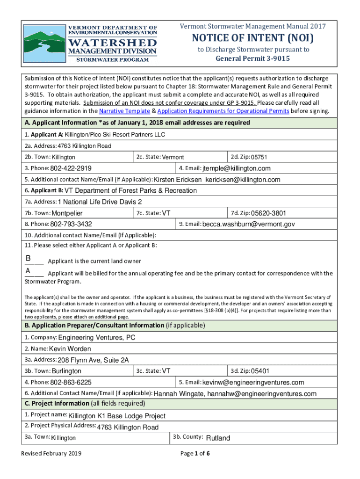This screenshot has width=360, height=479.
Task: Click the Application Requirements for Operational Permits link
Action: (x=223, y=111)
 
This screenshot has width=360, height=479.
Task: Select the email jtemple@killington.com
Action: (x=236, y=168)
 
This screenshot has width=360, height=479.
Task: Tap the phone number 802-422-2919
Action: (x=71, y=168)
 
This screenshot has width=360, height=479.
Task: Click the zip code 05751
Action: (x=259, y=157)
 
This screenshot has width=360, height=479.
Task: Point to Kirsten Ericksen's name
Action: (x=178, y=180)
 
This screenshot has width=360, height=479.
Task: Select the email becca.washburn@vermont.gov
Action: (x=248, y=225)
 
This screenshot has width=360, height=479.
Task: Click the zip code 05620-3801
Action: (x=268, y=213)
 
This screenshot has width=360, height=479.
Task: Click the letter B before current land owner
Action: (x=29, y=258)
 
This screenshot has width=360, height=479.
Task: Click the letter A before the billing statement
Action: (x=29, y=271)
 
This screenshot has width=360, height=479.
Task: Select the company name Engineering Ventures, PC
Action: (x=97, y=338)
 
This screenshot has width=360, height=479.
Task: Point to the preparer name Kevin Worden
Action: (x=70, y=348)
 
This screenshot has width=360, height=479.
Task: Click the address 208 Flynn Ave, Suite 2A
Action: (x=93, y=360)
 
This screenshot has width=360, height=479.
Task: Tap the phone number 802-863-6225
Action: (x=71, y=382)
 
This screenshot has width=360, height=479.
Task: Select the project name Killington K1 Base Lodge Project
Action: (x=117, y=416)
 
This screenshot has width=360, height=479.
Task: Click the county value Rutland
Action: (x=218, y=438)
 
